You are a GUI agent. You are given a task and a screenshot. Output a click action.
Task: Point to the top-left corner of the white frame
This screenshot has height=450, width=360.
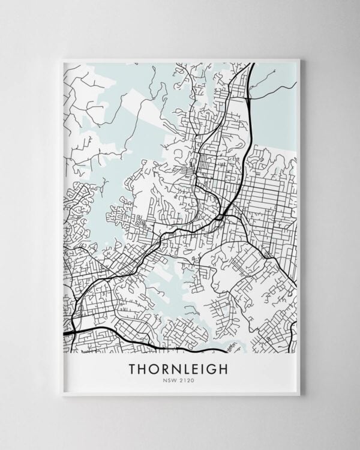pyautogui.click(x=62, y=58)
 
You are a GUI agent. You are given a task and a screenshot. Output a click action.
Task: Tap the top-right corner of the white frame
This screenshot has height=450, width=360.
pyautogui.click(x=299, y=58)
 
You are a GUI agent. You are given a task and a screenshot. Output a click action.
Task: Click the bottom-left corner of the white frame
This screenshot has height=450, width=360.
pyautogui.click(x=62, y=395)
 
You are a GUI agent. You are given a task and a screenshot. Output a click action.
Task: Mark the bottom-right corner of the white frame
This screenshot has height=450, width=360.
pyautogui.click(x=299, y=395)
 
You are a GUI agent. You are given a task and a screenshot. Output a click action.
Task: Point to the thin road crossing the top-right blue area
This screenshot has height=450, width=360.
pyautogui.click(x=273, y=90)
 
